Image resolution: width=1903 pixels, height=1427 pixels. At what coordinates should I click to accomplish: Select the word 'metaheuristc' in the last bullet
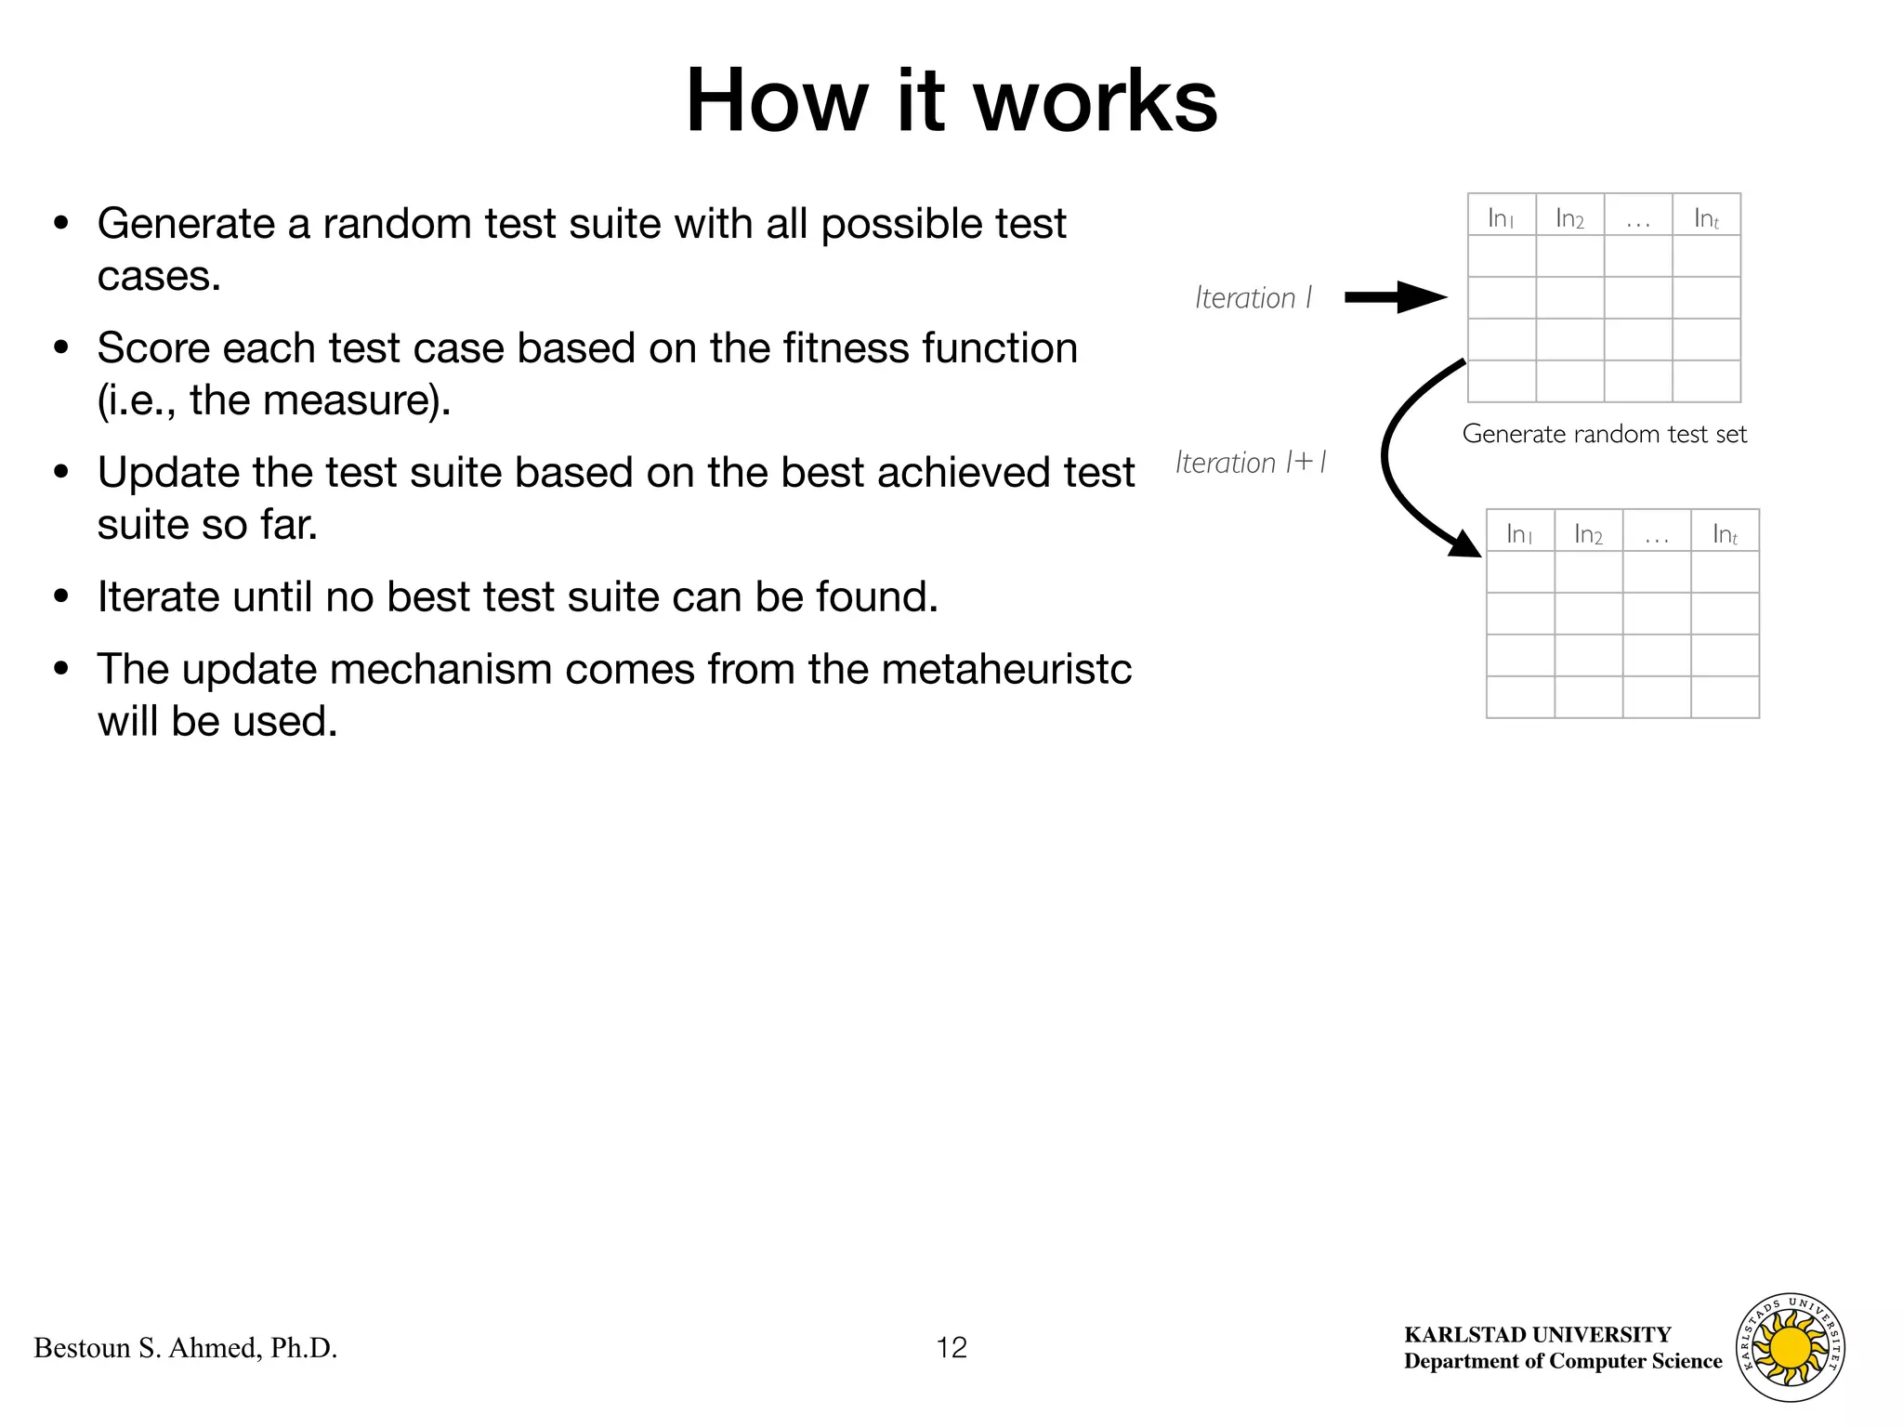coord(1006,669)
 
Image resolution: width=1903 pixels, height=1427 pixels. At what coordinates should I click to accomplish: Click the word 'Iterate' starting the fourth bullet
coord(158,596)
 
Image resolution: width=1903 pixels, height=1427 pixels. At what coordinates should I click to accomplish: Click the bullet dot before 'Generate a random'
coord(61,224)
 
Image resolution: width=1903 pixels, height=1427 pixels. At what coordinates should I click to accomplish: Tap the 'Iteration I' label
coord(1253,298)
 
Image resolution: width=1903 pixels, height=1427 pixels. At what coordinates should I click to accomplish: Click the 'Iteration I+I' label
coord(1251,463)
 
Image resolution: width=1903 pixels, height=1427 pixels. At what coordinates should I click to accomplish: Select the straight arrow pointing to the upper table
coord(1395,297)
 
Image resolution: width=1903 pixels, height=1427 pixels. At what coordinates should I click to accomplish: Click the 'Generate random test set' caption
coord(1604,434)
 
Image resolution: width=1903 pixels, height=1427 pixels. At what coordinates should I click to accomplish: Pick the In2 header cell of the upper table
coord(1569,217)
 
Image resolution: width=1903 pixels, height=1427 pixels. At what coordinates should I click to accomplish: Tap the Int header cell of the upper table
coord(1706,217)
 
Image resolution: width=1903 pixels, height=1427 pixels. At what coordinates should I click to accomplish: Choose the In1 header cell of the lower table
coord(1519,532)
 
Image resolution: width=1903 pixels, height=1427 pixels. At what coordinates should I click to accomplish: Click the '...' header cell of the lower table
coord(1656,532)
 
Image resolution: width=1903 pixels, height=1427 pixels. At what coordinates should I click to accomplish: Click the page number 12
coord(951,1347)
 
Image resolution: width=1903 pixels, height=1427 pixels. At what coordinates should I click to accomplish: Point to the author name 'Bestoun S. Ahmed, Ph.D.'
coord(185,1347)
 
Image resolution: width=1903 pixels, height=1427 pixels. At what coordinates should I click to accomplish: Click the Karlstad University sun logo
coord(1790,1347)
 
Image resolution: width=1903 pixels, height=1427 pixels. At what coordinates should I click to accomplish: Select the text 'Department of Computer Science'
coord(1563,1361)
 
